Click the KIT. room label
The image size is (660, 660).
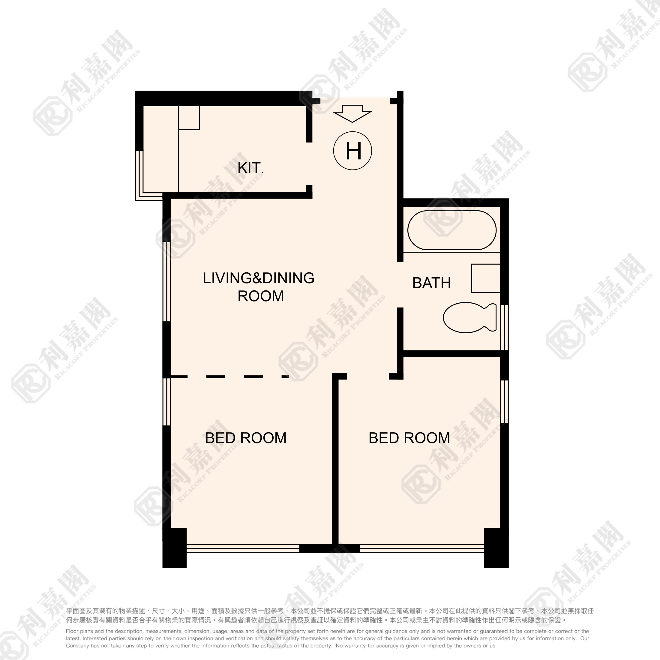[250, 168]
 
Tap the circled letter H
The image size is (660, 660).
[352, 151]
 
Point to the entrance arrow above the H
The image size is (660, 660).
[352, 113]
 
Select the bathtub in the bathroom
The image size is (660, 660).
[452, 230]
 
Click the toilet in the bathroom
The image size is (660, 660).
[470, 317]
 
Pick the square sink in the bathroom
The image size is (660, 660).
[486, 278]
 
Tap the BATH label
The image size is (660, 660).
[431, 283]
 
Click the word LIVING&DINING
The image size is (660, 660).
[259, 278]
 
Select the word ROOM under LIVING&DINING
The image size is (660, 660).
[261, 296]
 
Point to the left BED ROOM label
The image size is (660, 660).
[246, 438]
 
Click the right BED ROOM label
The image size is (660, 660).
[409, 438]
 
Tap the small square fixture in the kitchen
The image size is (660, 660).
[189, 118]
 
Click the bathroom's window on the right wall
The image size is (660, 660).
[505, 328]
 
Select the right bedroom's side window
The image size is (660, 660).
[505, 402]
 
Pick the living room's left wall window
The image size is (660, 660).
[167, 281]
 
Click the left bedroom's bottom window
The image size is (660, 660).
[243, 548]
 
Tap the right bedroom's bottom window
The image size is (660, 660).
[422, 548]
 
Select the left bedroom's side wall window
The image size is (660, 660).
[167, 402]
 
